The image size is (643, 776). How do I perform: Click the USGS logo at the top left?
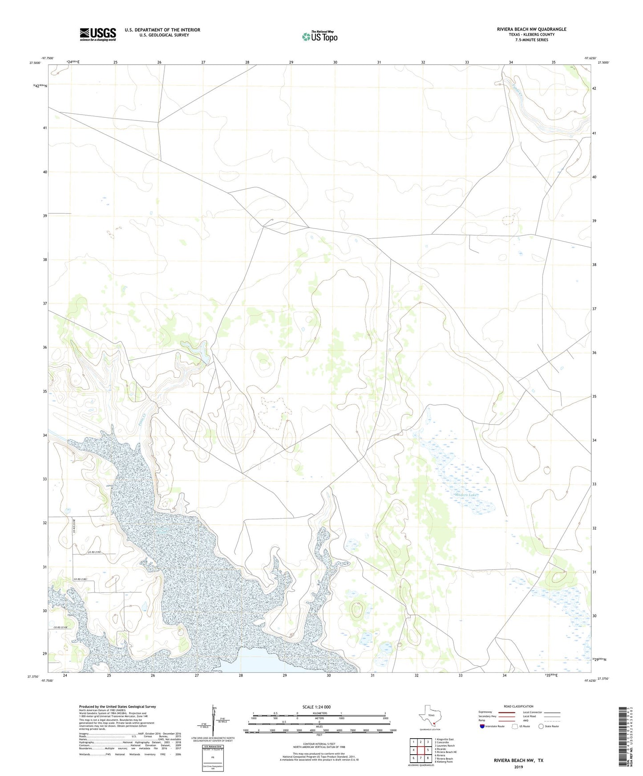pos(98,34)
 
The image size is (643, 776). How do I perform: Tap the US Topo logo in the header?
pos(319,36)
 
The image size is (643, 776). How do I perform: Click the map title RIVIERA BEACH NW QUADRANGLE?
pos(531,29)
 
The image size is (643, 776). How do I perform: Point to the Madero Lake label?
pos(465,495)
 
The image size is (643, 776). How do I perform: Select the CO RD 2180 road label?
pos(80,579)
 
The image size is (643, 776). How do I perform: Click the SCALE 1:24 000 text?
pos(316,707)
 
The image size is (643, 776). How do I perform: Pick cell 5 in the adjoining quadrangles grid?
pos(428,750)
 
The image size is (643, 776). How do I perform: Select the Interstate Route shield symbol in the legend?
pos(482,726)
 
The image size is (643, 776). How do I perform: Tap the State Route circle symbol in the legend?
pos(541,726)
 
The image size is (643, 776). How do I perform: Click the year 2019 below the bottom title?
pos(518,767)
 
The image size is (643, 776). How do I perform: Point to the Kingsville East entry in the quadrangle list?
pos(445,739)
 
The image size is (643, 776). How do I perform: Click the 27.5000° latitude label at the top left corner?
pos(35,63)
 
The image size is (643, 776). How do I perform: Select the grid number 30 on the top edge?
pos(335,63)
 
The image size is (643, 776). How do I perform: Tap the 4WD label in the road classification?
pos(526,720)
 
